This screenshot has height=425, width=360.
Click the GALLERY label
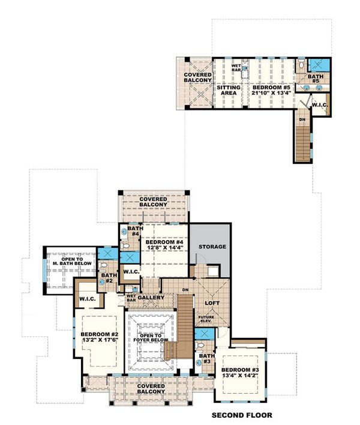click(x=151, y=298)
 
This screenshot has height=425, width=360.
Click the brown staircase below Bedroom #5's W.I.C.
click(x=302, y=140)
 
